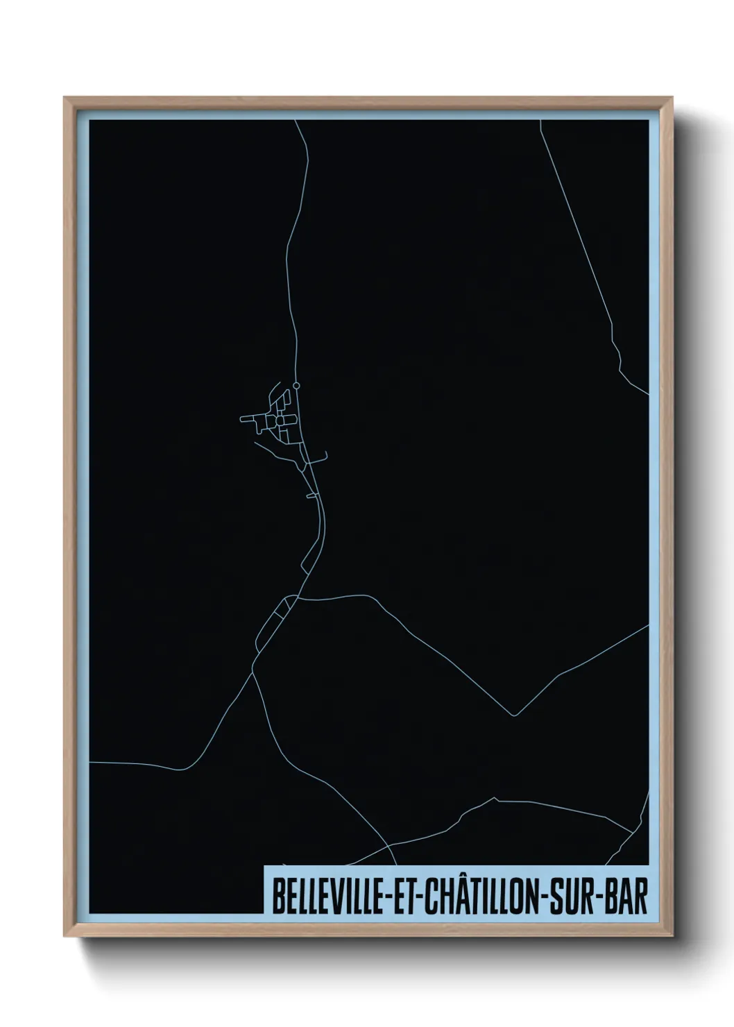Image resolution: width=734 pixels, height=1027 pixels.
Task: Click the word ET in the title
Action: (400, 898)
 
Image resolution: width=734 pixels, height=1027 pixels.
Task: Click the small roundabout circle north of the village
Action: (296, 384)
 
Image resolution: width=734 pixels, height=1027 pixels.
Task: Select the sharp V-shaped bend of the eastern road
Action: (513, 714)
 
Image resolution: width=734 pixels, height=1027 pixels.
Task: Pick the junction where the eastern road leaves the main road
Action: (298, 596)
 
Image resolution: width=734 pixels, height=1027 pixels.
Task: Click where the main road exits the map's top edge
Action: (296, 121)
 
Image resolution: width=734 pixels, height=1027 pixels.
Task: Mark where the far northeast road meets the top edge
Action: (540, 121)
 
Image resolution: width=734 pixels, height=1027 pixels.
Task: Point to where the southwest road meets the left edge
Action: (90, 762)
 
